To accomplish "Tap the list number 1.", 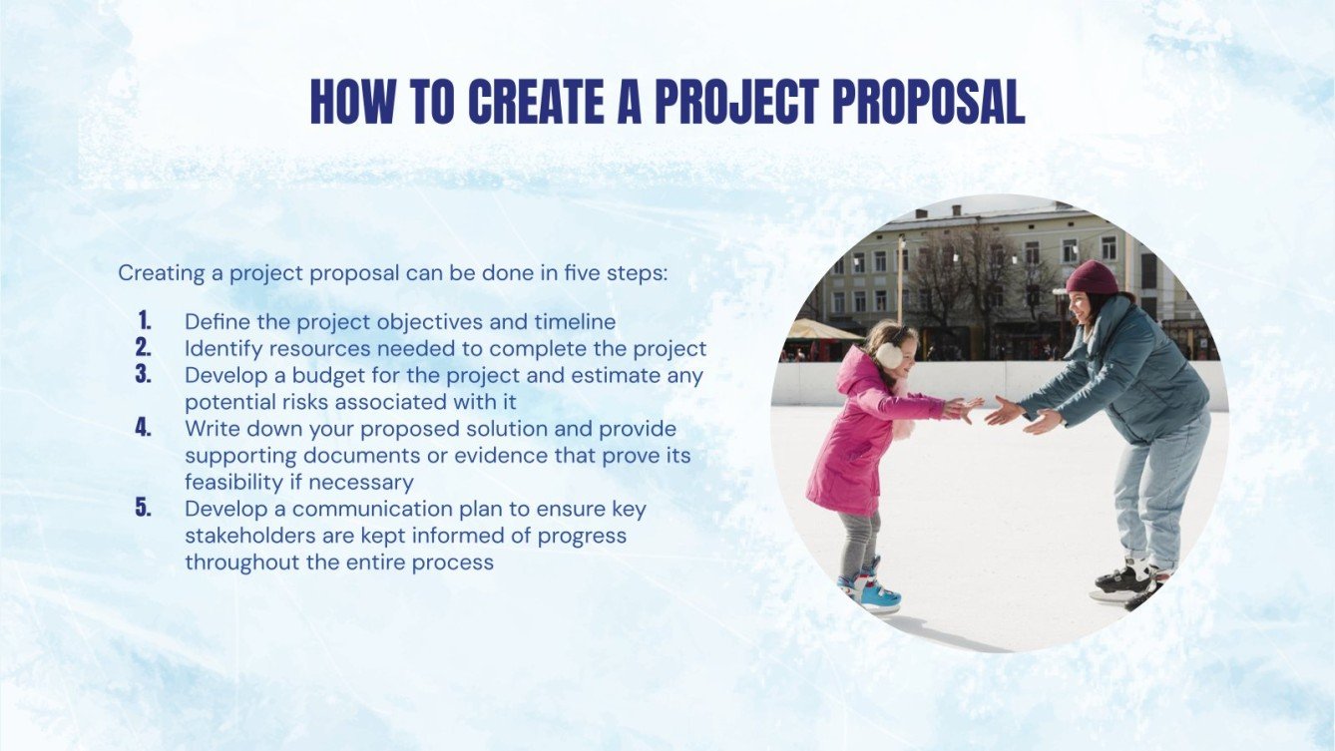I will (x=145, y=321).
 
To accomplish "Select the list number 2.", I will (x=144, y=348).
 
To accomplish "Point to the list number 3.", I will (x=144, y=375).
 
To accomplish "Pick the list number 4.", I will (x=144, y=428).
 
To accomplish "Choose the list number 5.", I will (x=144, y=508).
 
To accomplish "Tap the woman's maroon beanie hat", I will (x=1093, y=278).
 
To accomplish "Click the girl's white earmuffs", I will (x=889, y=355).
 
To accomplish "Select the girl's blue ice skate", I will (x=874, y=591).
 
